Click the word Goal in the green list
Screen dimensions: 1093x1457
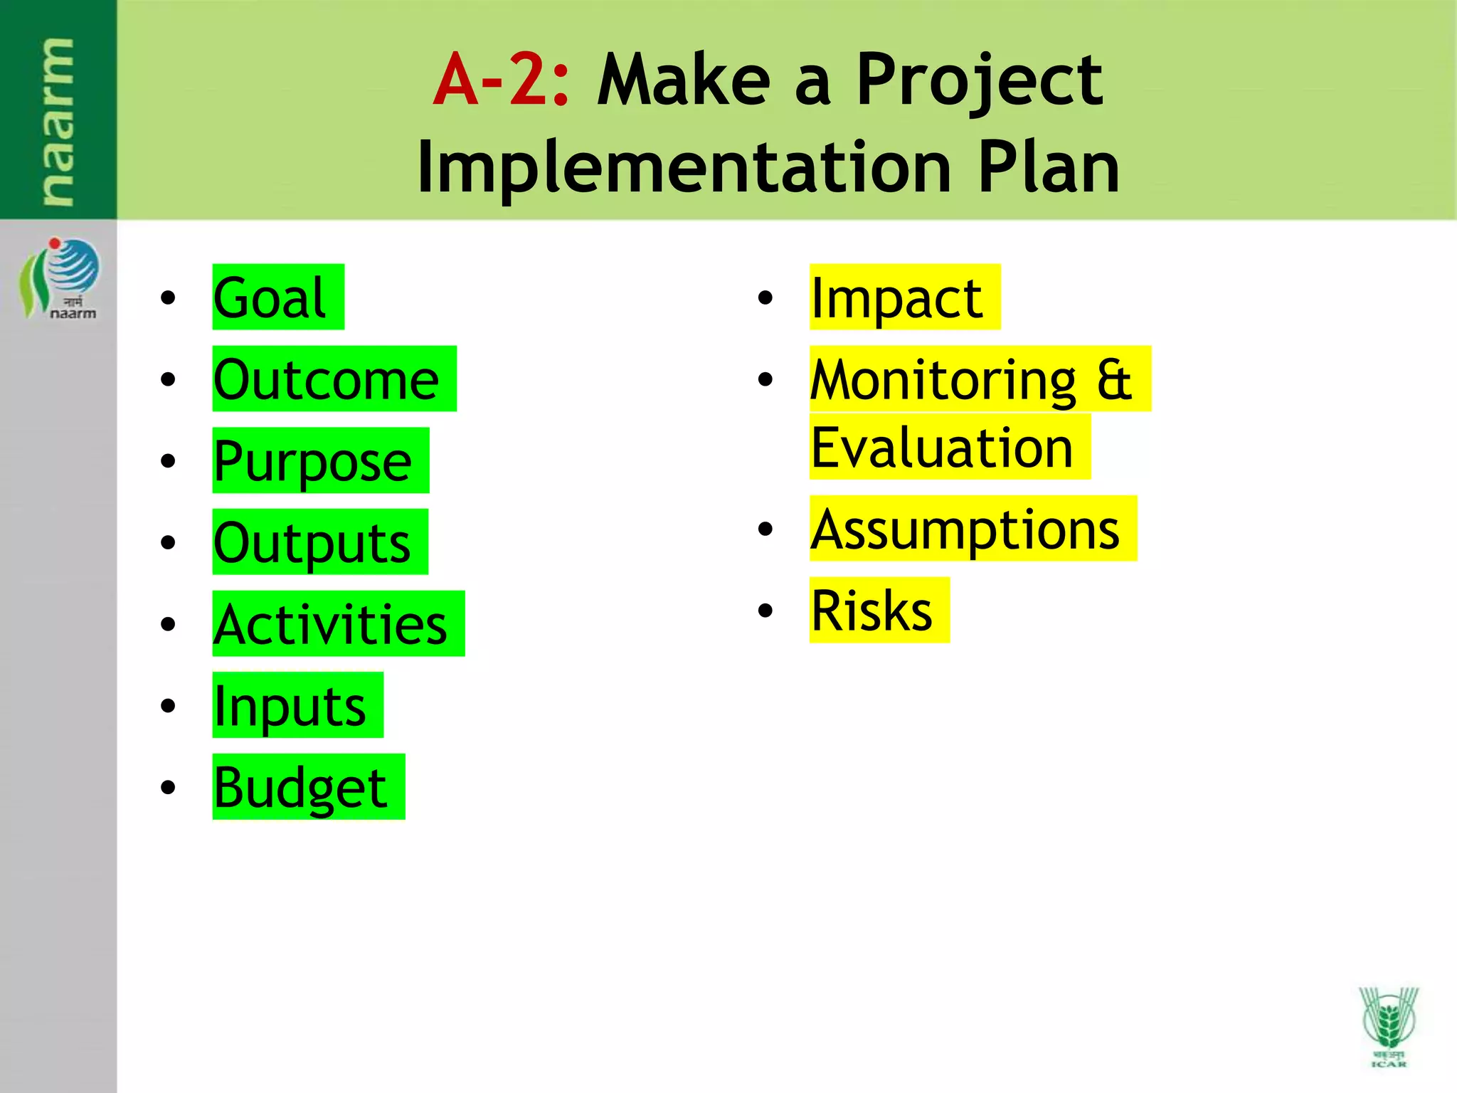(270, 297)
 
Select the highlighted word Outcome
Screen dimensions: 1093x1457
(326, 379)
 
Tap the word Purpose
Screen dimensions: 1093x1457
(312, 461)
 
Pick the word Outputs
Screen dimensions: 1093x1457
(312, 542)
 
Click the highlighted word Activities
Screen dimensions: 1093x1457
(330, 624)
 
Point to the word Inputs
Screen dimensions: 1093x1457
(290, 706)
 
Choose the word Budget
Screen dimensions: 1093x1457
(300, 787)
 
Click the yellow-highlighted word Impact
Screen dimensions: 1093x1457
(896, 297)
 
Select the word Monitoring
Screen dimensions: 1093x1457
(943, 379)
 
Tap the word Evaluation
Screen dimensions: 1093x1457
(942, 448)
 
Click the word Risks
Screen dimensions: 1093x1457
(871, 611)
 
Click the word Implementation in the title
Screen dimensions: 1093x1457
(684, 167)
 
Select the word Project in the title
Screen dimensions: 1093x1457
(979, 80)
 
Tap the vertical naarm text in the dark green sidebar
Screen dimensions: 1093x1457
(57, 121)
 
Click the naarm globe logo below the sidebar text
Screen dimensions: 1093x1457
(60, 278)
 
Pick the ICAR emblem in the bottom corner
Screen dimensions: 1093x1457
(1388, 1025)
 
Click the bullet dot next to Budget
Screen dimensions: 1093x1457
(168, 787)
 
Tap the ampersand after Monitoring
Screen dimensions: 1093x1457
(1114, 379)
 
